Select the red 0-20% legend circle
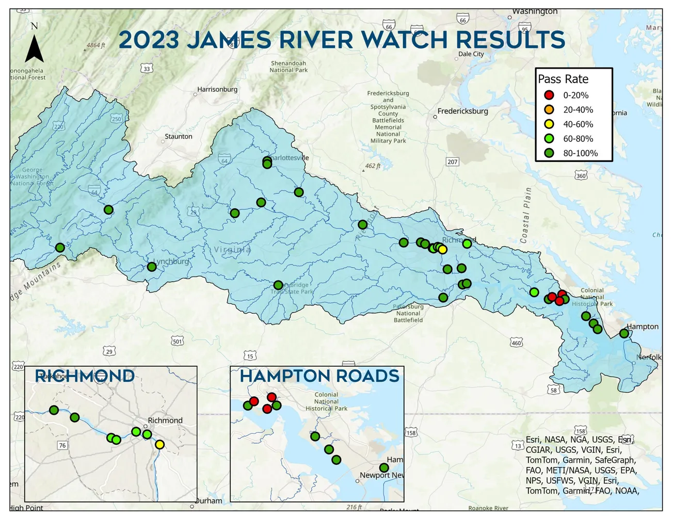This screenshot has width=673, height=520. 549,95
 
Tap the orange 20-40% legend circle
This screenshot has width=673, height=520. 549,110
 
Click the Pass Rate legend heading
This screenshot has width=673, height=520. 563,79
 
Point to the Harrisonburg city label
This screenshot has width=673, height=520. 217,90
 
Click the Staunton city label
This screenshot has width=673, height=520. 178,137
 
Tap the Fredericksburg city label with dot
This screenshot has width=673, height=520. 462,111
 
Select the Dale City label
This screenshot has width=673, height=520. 471,54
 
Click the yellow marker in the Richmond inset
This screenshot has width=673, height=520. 159,445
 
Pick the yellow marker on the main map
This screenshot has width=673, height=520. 442,250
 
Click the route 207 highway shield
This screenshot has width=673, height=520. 453,162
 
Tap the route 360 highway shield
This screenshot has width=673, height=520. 581,176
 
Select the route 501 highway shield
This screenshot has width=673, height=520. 178,342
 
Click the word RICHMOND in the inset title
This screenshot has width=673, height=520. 85,376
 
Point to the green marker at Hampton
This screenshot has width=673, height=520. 624,334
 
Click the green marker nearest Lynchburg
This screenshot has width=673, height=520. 152,267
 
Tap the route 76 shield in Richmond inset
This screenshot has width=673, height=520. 62,446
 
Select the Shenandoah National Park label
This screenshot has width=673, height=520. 288,67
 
